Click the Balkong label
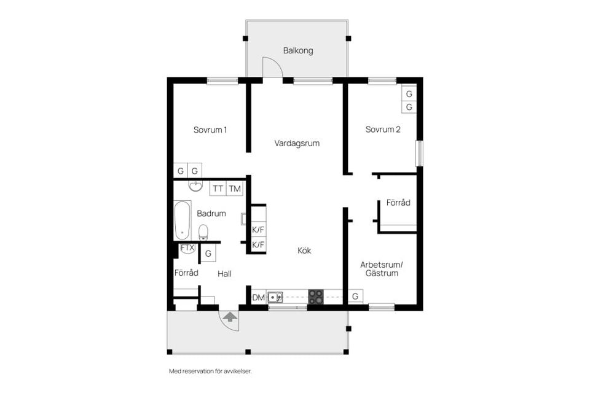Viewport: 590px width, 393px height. pyautogui.click(x=297, y=50)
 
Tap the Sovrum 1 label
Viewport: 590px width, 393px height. pyautogui.click(x=210, y=130)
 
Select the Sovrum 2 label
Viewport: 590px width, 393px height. pyautogui.click(x=383, y=130)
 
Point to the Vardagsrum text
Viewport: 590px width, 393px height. pyautogui.click(x=297, y=143)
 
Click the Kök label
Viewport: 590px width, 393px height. pyautogui.click(x=305, y=251)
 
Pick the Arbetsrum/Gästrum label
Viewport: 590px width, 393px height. pyautogui.click(x=381, y=268)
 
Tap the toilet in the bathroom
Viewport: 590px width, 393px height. pyautogui.click(x=203, y=232)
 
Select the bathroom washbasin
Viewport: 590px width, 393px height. pyautogui.click(x=195, y=185)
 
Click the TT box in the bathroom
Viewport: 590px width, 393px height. pyautogui.click(x=218, y=189)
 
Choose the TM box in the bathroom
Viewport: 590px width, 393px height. pyautogui.click(x=235, y=189)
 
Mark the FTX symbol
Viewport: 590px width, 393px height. pyautogui.click(x=187, y=248)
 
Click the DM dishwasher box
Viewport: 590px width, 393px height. pyautogui.click(x=259, y=298)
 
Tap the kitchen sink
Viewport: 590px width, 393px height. pyautogui.click(x=275, y=297)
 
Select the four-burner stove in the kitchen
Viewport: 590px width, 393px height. pyautogui.click(x=316, y=297)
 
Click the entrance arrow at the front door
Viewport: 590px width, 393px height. pyautogui.click(x=230, y=317)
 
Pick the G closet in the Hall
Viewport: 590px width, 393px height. pyautogui.click(x=209, y=253)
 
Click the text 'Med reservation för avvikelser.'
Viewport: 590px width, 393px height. pyautogui.click(x=210, y=371)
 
